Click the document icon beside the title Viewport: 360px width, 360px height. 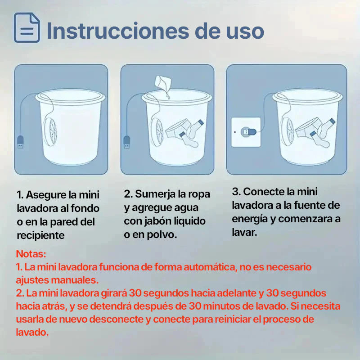(x=27, y=27)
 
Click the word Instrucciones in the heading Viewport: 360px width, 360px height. (x=118, y=31)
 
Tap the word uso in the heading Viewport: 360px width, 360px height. (x=245, y=31)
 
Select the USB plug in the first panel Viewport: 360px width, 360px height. (x=20, y=142)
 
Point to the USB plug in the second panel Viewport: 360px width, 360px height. (x=127, y=142)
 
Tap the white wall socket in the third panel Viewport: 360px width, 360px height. (x=246, y=132)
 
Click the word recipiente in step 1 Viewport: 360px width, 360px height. (x=40, y=235)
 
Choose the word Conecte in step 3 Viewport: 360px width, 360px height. (x=262, y=192)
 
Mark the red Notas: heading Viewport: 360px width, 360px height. (x=31, y=254)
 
